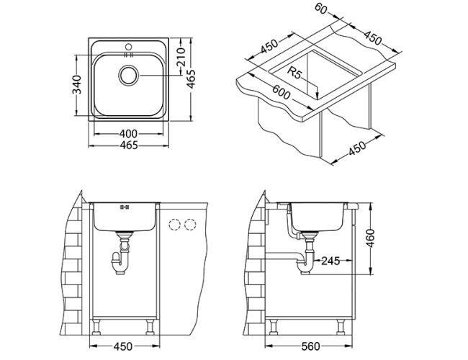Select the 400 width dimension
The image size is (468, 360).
(128, 134)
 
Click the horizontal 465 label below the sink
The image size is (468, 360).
(128, 146)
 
